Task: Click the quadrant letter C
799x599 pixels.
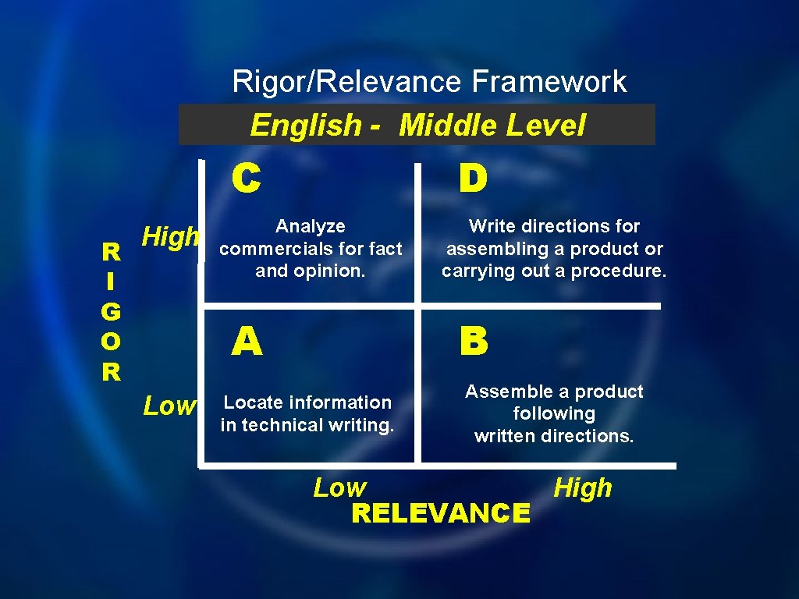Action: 246,179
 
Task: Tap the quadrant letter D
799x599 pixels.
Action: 473,179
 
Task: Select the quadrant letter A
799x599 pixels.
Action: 247,342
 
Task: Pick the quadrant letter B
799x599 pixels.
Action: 474,342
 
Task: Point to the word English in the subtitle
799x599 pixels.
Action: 306,125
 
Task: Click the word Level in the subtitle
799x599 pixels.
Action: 545,125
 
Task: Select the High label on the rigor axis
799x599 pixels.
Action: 171,236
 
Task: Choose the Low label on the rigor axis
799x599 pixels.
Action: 169,406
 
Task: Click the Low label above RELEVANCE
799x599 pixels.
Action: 339,488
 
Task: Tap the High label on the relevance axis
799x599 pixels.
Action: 583,488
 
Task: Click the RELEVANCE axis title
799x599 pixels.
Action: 441,513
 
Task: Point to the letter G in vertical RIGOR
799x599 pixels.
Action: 111,312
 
